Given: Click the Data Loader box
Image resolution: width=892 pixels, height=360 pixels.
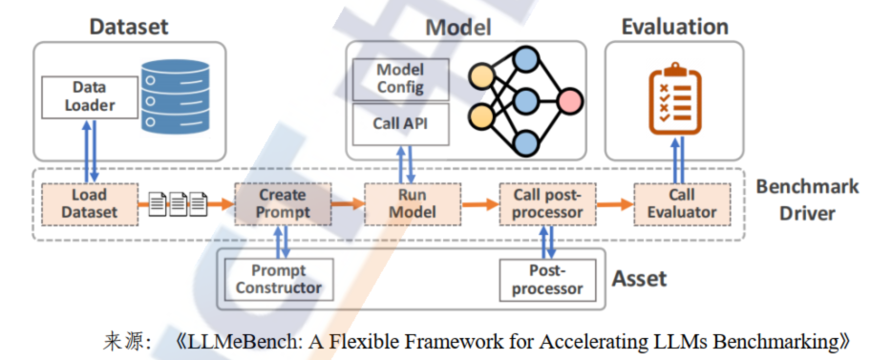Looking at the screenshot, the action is point(90,96).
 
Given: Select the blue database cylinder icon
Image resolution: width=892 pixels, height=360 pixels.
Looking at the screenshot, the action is point(175,96).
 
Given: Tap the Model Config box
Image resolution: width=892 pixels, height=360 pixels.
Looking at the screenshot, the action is point(400,79).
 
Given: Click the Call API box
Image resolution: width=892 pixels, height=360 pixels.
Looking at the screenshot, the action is point(400,123).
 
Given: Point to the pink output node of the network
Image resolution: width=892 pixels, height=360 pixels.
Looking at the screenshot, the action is point(570,102).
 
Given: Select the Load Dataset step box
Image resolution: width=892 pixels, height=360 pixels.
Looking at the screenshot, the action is point(90,203).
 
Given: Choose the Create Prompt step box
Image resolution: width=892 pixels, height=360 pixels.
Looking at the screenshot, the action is point(284,203).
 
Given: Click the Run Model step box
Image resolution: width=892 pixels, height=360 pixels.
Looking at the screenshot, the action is point(413,203).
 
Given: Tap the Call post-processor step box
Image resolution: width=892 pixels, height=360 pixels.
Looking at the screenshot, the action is point(548,203).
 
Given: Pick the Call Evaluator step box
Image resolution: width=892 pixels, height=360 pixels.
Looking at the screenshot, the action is point(682,203).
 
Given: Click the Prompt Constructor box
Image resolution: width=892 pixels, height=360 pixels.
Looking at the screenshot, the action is point(279,279).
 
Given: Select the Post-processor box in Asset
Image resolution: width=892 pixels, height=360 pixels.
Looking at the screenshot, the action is point(548,279).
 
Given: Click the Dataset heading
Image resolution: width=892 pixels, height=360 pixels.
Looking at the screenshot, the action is point(129,27).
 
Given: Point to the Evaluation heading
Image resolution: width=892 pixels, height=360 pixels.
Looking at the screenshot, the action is point(674,27).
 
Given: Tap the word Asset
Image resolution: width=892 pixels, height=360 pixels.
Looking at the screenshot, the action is point(639,279).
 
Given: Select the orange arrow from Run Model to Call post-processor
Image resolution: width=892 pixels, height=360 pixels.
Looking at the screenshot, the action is point(480,203).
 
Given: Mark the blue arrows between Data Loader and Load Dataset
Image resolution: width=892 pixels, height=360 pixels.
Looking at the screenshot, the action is point(90,150).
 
